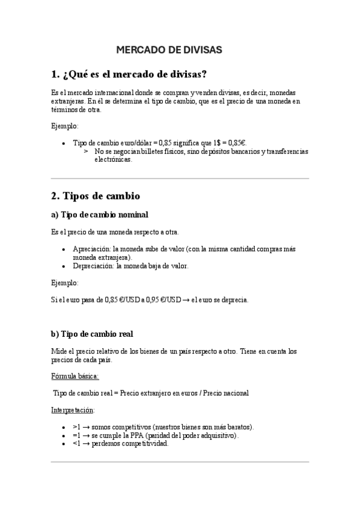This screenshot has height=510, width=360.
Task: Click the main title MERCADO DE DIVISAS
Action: tap(169, 50)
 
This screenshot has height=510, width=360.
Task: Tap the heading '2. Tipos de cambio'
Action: tap(96, 196)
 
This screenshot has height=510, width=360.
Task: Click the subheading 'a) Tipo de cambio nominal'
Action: tap(100, 215)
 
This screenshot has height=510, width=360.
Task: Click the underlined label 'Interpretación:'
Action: tap(73, 410)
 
